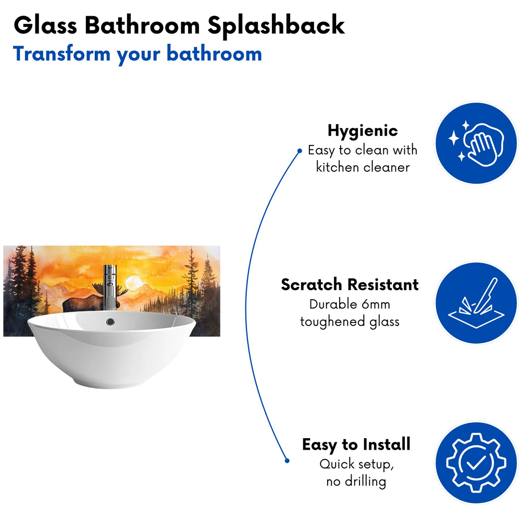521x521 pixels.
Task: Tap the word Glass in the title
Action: point(45,25)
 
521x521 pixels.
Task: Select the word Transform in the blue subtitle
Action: point(62,54)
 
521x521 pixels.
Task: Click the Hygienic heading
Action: point(363,131)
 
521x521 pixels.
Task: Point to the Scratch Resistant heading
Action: point(350,284)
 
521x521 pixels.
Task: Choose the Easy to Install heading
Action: point(356,444)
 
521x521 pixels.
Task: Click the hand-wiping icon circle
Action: point(476,143)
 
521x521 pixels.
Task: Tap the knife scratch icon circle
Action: point(476,303)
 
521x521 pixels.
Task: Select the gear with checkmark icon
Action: point(476,463)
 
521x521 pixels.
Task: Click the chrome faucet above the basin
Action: point(110,287)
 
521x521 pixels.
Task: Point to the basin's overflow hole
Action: point(110,321)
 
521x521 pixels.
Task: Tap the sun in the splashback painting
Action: point(134,283)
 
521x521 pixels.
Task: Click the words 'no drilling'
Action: point(356,481)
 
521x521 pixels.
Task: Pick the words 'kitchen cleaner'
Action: point(363,167)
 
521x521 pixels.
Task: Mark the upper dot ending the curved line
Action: point(300,151)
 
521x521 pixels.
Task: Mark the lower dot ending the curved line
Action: point(287,461)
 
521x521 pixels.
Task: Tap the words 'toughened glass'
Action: point(350,322)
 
